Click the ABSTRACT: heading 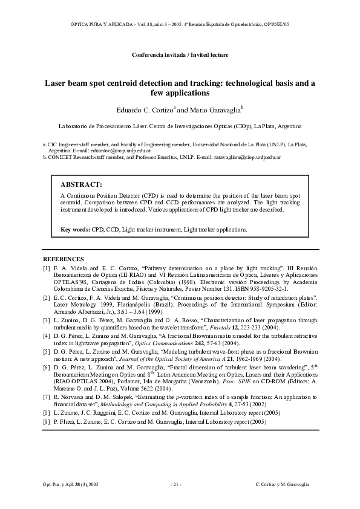(81, 184)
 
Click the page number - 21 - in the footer (176, 484)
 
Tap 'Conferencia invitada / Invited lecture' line (180, 55)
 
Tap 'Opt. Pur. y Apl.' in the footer (59, 484)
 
